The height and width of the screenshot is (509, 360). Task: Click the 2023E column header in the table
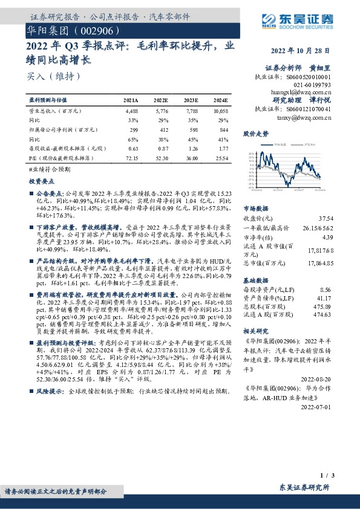(x=191, y=100)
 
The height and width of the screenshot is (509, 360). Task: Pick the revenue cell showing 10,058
(x=220, y=111)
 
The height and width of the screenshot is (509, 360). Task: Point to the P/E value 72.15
(x=131, y=157)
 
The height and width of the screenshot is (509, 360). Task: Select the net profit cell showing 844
(x=224, y=129)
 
